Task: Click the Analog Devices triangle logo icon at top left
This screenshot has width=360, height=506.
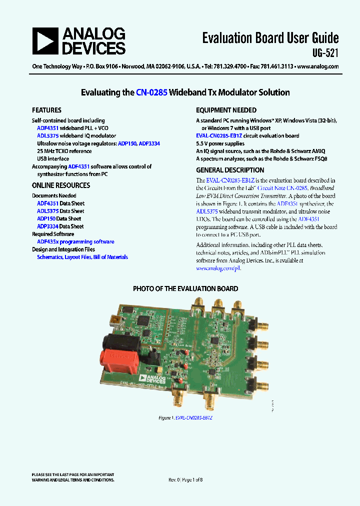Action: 45,41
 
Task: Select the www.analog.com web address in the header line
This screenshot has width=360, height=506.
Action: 318,66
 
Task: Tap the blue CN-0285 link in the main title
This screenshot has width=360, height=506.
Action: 151,92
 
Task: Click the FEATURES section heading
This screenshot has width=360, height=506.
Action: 46,110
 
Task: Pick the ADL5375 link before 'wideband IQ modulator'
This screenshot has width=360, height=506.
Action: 47,135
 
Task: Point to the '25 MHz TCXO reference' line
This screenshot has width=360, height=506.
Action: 64,151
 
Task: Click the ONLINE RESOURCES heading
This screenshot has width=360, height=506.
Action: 61,185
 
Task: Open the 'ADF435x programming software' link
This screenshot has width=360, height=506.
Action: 75,241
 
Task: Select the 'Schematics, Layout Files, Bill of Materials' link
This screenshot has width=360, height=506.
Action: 82,257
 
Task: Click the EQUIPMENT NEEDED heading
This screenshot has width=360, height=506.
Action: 226,110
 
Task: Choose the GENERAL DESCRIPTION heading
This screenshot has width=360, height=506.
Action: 230,170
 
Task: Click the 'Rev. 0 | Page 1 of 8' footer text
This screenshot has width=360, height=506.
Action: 185,479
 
